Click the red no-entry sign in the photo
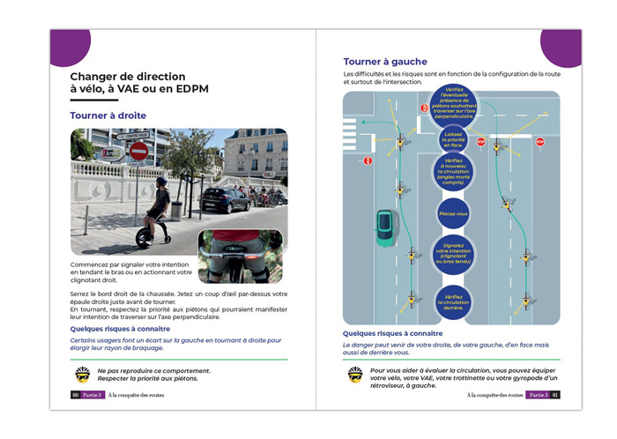tap(138, 151)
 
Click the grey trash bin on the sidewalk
tap(176, 210)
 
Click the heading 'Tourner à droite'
tap(108, 115)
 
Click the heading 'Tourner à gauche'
tap(385, 62)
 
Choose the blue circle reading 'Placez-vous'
tap(454, 213)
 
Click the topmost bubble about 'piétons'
tap(454, 103)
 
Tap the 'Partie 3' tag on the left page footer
tap(93, 395)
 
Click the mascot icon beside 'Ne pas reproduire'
tap(83, 374)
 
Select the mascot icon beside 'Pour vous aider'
tap(355, 375)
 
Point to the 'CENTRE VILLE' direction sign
tap(134, 136)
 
